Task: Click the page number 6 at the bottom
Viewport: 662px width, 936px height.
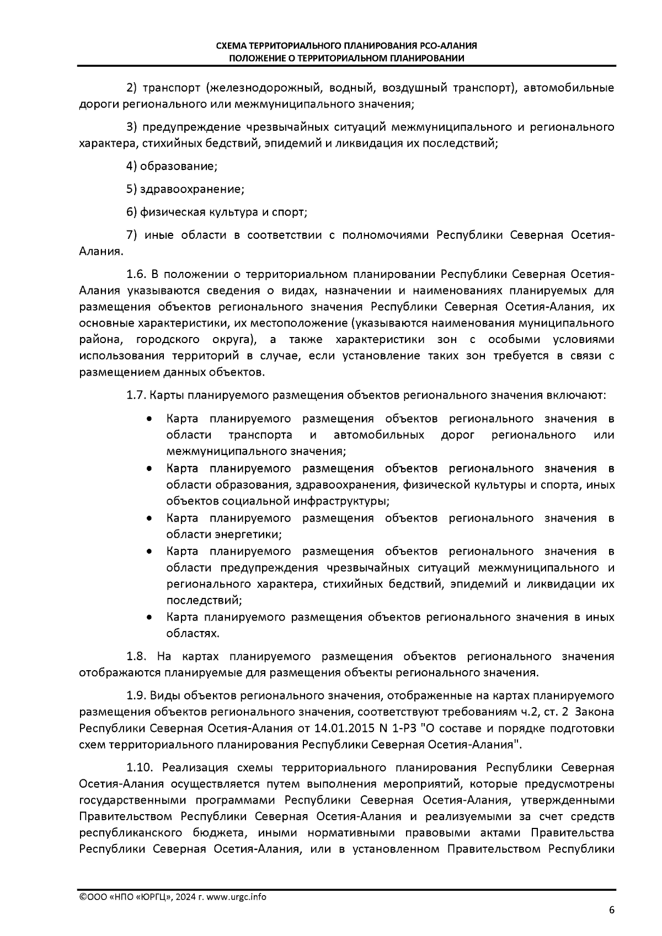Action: pyautogui.click(x=611, y=910)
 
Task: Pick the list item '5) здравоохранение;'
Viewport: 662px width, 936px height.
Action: pyautogui.click(x=185, y=189)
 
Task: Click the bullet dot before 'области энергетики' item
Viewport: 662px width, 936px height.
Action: pyautogui.click(x=150, y=518)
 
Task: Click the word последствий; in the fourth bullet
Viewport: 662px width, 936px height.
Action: pyautogui.click(x=204, y=600)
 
